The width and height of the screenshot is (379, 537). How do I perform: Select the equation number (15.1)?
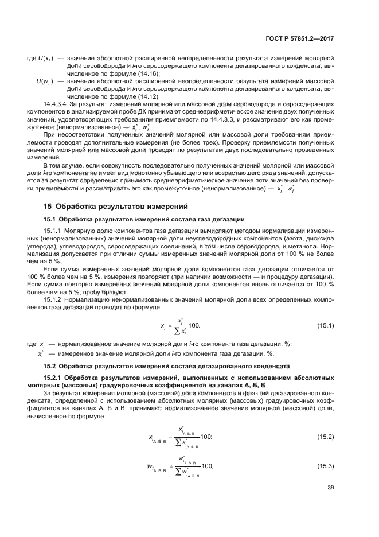point(325,326)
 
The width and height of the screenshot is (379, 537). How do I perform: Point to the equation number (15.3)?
point(325,466)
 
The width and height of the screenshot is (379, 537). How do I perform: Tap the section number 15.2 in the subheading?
point(50,366)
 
